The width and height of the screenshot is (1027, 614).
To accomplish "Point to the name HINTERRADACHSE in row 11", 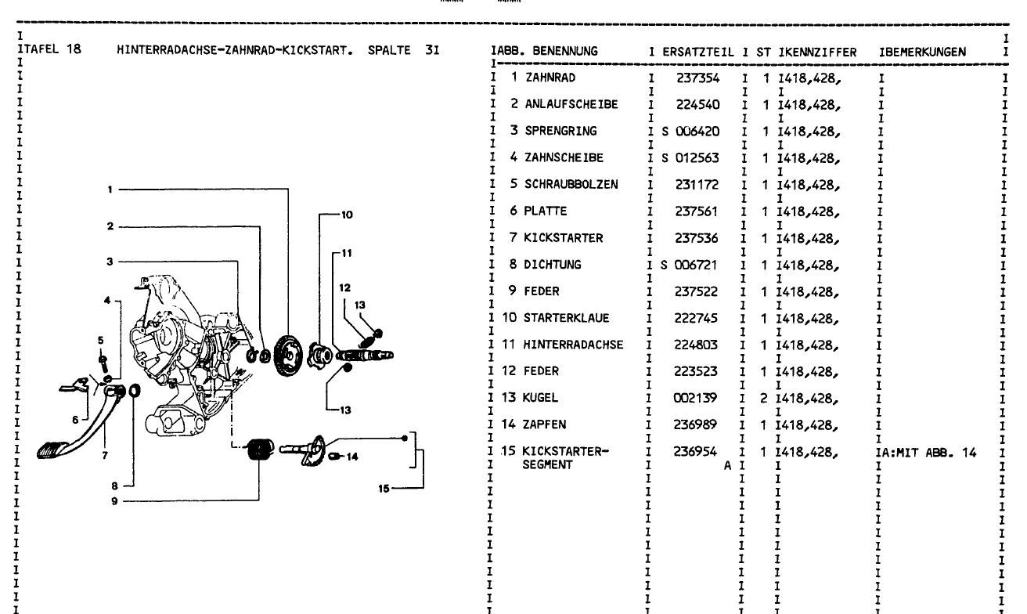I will [x=574, y=344].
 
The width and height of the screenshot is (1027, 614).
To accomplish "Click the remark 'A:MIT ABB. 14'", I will [x=931, y=451].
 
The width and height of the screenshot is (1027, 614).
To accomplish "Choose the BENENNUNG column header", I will [x=562, y=52].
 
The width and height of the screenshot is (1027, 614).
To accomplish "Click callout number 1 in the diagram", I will [x=110, y=188].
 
